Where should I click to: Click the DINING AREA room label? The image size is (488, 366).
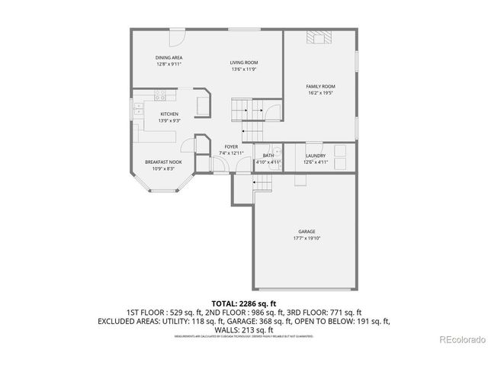169,58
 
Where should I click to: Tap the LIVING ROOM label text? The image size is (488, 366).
244,63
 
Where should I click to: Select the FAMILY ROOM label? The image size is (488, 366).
321,87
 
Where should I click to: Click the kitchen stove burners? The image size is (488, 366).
160,96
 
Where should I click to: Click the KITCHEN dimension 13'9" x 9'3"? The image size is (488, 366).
169,120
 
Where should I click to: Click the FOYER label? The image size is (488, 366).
231,146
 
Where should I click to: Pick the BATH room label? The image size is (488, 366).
268,156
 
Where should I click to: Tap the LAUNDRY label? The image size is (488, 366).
316,156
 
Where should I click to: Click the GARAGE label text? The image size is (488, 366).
307,232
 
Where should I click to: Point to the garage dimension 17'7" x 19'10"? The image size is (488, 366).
307,238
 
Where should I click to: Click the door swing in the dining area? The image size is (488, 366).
176,37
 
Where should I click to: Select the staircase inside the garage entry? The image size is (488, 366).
263,182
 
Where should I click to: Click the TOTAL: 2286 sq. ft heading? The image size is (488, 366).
243,303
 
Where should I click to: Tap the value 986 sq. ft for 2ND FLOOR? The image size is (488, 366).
251,313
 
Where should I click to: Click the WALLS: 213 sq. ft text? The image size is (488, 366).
243,329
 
